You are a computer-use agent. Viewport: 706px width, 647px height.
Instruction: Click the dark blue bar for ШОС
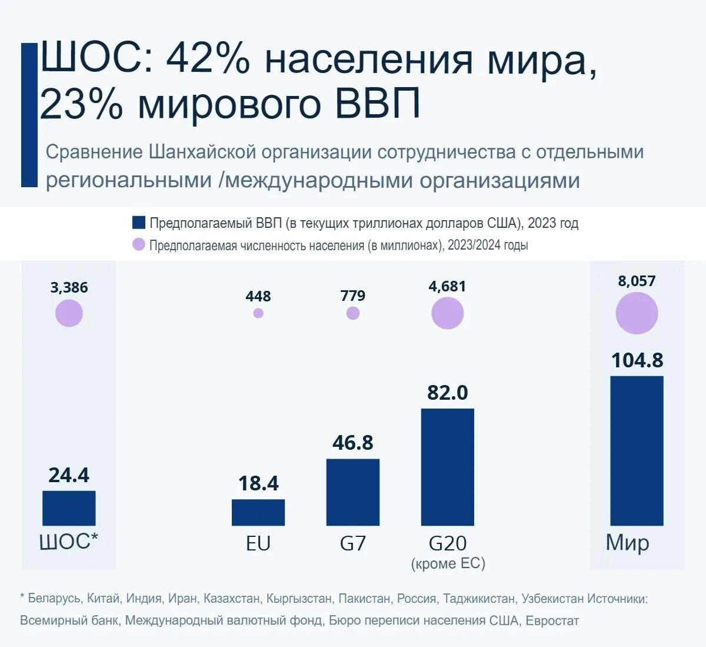point(69,507)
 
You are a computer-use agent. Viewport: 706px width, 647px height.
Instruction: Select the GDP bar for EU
point(258,512)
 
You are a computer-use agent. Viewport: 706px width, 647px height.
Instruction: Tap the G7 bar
point(353,492)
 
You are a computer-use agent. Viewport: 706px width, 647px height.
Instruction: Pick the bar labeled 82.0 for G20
point(448,466)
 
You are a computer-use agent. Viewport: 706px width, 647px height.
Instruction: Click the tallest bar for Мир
point(637,450)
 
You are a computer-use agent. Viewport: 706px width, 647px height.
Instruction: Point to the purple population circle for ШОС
point(69,313)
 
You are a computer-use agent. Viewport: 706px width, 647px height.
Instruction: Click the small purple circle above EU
point(258,313)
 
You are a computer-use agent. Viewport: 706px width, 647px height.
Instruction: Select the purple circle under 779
point(353,313)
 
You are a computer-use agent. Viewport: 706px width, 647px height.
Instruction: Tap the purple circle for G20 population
point(448,313)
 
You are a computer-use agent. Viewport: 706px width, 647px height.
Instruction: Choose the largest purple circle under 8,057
point(637,314)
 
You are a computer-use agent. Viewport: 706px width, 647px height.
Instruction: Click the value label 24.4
point(69,475)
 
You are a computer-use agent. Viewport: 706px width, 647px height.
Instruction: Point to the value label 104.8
point(637,360)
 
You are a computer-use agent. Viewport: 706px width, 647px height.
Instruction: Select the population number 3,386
point(69,287)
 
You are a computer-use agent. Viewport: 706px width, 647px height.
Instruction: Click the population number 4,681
point(448,286)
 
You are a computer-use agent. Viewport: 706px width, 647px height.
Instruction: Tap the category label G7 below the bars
point(353,543)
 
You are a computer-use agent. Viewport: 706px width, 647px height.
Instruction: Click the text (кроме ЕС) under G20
point(448,563)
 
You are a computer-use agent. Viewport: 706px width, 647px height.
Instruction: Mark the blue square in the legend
point(139,223)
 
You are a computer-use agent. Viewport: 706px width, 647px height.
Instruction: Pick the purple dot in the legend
point(139,244)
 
